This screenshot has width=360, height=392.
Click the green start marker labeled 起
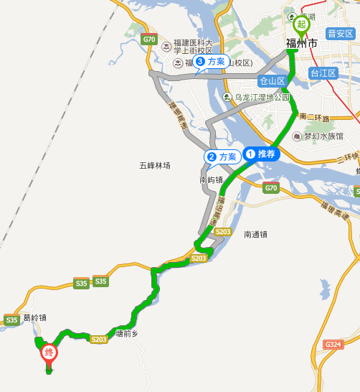click(x=301, y=24)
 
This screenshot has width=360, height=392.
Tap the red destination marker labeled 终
click(x=49, y=353)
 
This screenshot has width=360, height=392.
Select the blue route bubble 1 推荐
click(x=260, y=153)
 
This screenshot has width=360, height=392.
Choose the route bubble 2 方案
click(x=221, y=157)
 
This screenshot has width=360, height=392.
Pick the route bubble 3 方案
click(x=210, y=62)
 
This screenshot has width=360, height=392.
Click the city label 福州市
click(x=301, y=45)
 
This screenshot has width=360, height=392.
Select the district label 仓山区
click(x=273, y=80)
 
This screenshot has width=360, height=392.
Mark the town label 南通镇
click(x=255, y=234)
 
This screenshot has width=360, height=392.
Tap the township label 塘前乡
click(x=125, y=334)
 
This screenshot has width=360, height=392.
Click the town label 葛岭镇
click(x=34, y=317)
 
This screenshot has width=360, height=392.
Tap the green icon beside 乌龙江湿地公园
click(x=227, y=97)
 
